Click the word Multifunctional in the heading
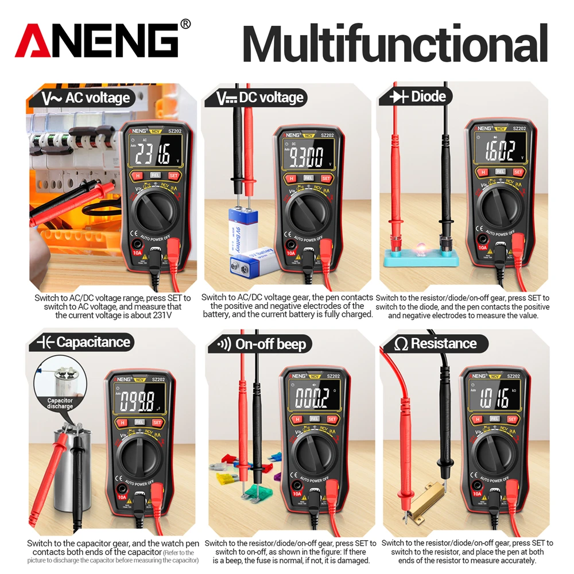pyautogui.click(x=395, y=43)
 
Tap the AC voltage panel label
pyautogui.click(x=87, y=98)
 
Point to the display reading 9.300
pyautogui.click(x=307, y=157)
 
